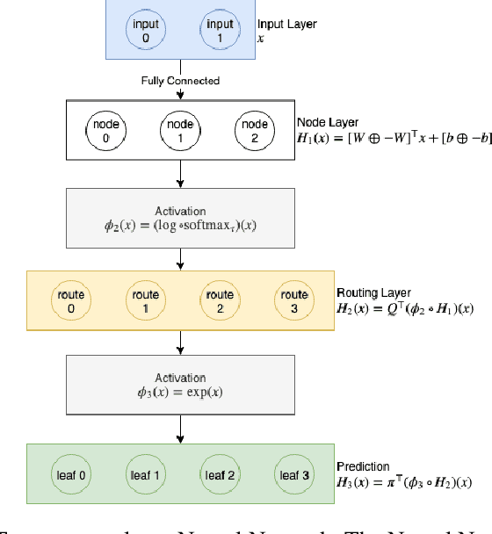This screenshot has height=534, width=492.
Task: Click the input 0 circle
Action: [145, 30]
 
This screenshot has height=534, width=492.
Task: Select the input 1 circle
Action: [219, 30]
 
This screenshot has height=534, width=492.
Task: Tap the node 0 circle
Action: [106, 131]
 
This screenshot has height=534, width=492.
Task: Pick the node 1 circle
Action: [181, 131]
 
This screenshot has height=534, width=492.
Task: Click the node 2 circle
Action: [255, 131]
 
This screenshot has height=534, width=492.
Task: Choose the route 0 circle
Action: [70, 301]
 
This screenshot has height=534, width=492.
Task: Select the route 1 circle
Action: [145, 301]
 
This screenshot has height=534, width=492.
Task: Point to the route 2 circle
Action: [219, 301]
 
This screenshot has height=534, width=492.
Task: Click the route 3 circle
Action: [293, 301]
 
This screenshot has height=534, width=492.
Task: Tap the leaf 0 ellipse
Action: [70, 475]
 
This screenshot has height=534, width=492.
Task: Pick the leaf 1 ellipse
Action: [145, 475]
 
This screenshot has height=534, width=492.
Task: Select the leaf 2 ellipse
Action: [219, 475]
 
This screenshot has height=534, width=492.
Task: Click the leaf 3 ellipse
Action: [293, 475]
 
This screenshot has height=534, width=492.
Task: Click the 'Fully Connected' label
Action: [180, 81]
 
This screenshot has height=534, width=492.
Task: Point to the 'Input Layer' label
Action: [286, 24]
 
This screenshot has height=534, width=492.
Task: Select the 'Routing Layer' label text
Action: [373, 292]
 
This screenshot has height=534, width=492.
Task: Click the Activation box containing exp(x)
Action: [180, 384]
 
